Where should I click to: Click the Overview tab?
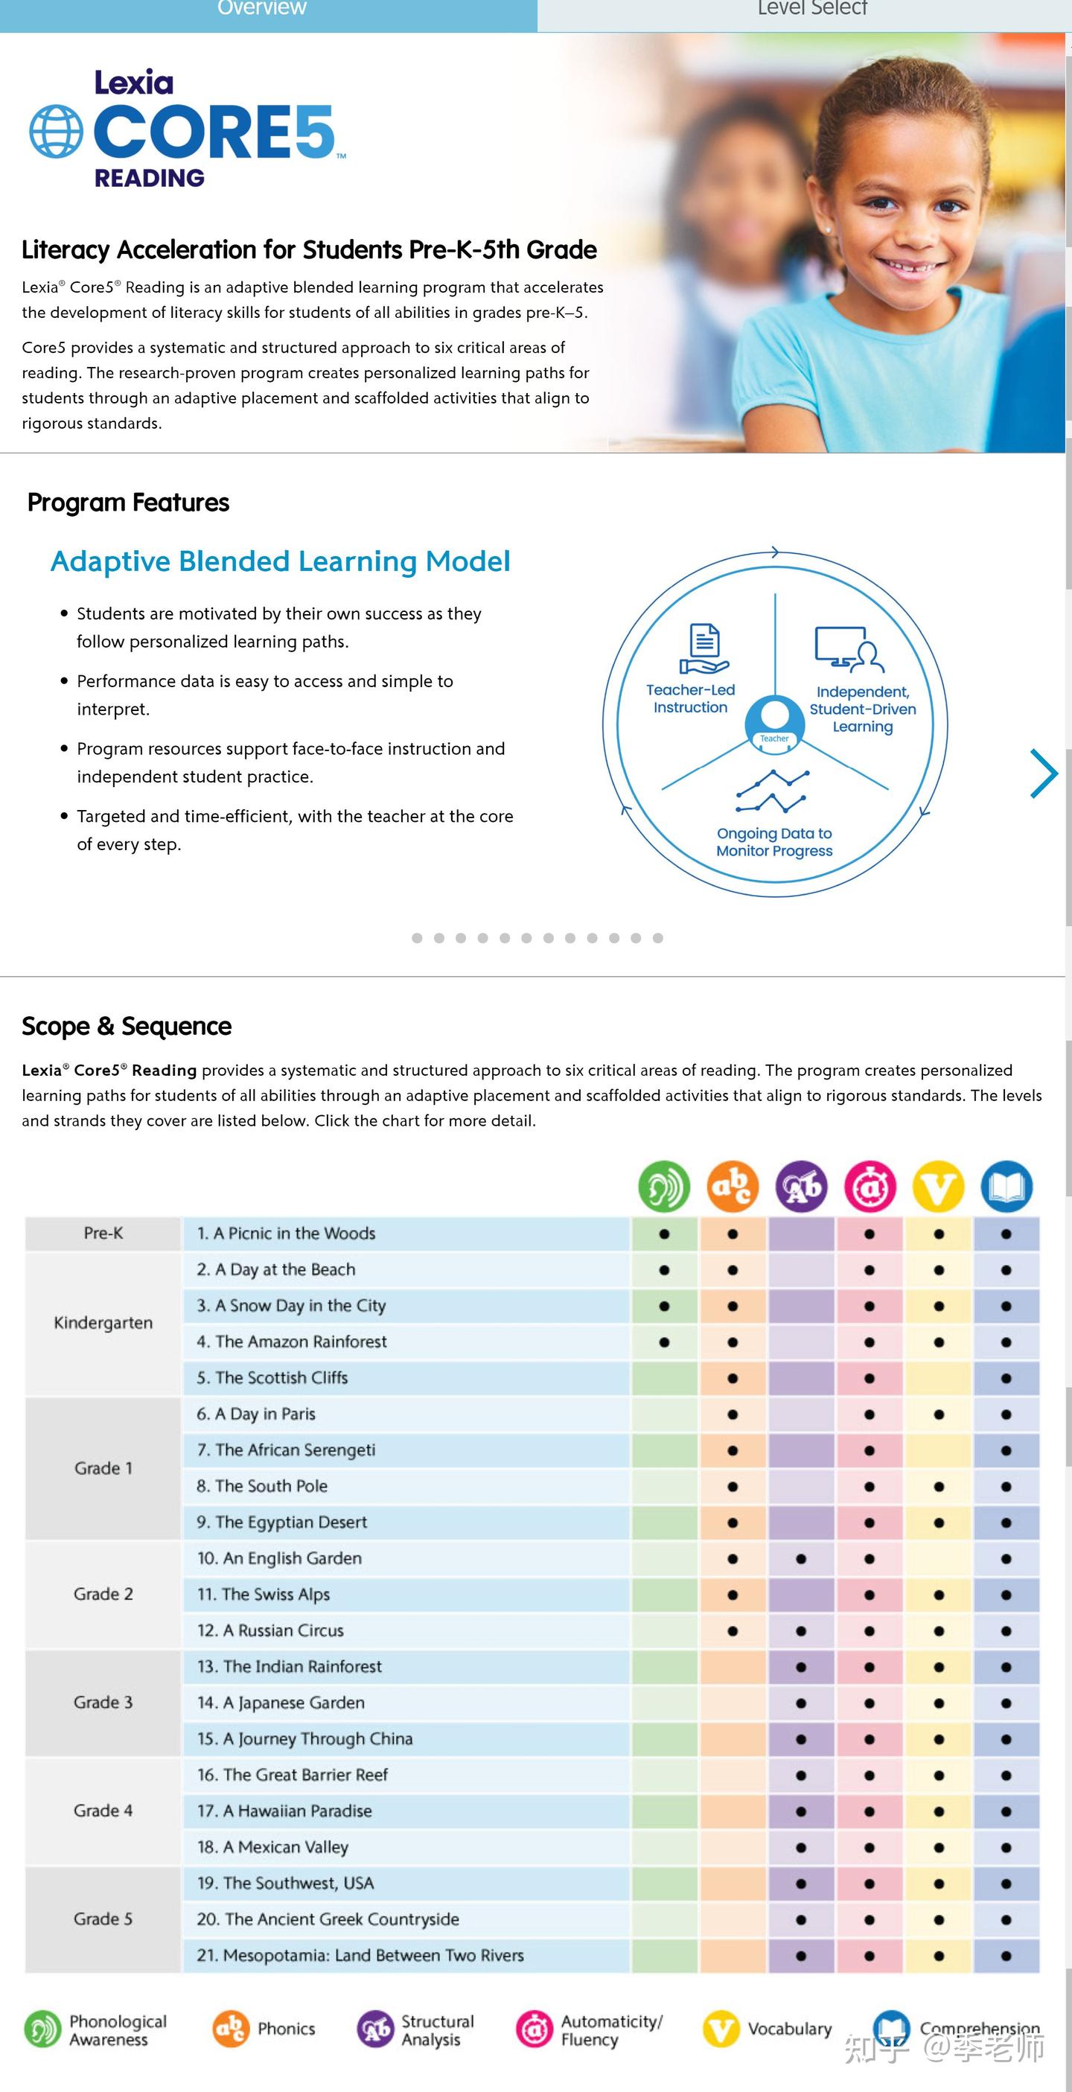(261, 10)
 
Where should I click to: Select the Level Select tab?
(812, 10)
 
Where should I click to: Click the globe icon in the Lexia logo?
(56, 132)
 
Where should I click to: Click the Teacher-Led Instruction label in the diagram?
(690, 698)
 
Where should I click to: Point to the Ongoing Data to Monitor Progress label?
(774, 842)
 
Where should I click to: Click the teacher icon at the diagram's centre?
(775, 718)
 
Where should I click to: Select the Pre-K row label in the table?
(103, 1233)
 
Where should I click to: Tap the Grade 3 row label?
(103, 1702)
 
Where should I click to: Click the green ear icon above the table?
(663, 1187)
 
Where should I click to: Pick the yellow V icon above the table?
(938, 1187)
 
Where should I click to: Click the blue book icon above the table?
(1006, 1187)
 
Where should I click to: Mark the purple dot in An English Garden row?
(801, 1558)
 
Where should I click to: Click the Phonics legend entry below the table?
(264, 2029)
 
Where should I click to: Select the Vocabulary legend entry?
(768, 2029)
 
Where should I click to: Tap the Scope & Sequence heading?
(127, 1027)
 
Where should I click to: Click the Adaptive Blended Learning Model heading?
(280, 561)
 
